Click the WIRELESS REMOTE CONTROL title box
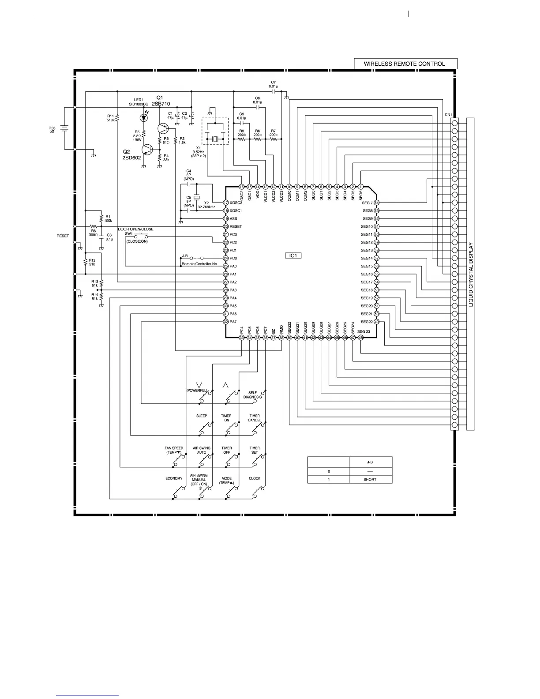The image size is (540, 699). tap(405, 64)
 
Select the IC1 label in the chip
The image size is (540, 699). tap(293, 256)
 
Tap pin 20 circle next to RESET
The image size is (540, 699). tap(225, 226)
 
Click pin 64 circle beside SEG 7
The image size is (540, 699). tap(376, 203)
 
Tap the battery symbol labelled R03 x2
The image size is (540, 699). tap(64, 128)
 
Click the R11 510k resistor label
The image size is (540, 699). tap(110, 118)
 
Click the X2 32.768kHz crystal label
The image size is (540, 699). tap(206, 205)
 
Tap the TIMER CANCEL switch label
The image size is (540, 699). tap(255, 418)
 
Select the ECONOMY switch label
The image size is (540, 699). tap(174, 478)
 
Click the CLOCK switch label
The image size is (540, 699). tap(255, 478)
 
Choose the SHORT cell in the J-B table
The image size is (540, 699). tap(370, 479)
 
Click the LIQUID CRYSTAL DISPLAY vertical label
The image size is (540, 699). tap(471, 274)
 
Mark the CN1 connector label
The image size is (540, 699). tap(448, 115)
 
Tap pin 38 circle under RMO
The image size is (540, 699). tap(281, 338)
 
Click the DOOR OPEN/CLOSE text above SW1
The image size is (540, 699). tap(136, 229)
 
